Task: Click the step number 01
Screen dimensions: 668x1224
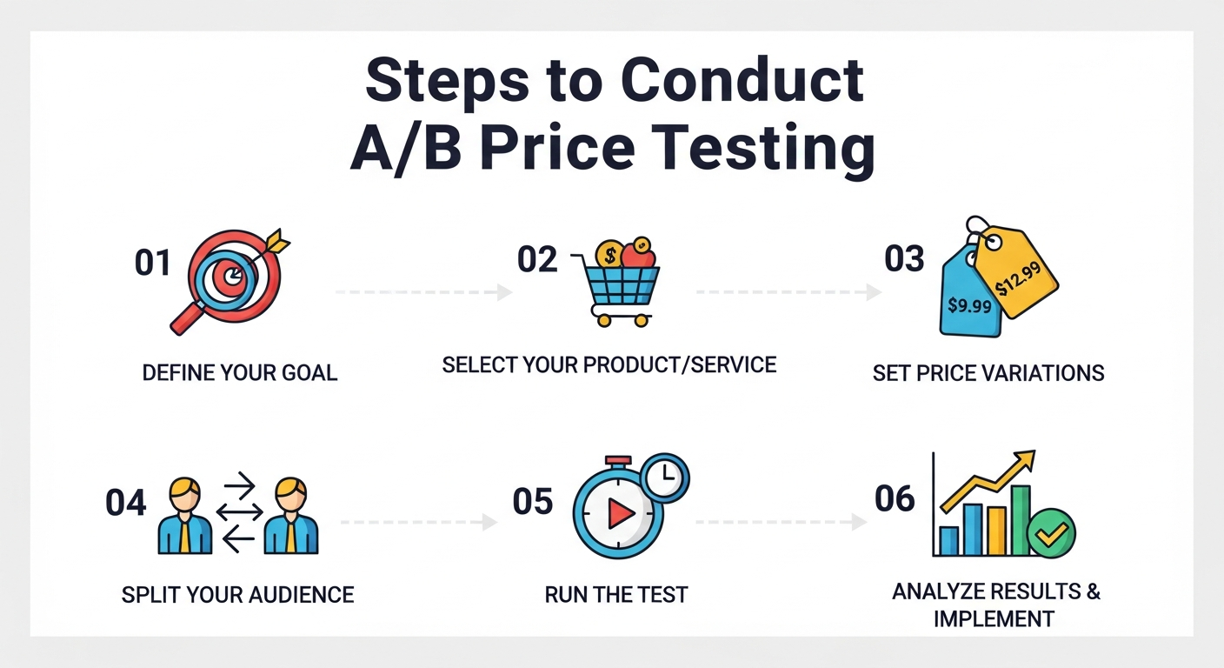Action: point(152,264)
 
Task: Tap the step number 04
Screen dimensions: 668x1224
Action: point(126,504)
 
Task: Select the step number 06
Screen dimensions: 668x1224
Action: point(895,498)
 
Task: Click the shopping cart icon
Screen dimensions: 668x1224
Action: point(617,287)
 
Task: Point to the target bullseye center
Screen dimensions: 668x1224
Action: point(233,277)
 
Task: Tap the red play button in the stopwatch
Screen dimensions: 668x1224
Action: point(620,515)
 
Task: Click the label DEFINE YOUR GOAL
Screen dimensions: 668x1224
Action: point(240,373)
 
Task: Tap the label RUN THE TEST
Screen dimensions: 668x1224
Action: point(616,595)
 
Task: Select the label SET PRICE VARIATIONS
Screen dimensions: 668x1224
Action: point(988,373)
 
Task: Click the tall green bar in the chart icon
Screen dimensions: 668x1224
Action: point(1020,520)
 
